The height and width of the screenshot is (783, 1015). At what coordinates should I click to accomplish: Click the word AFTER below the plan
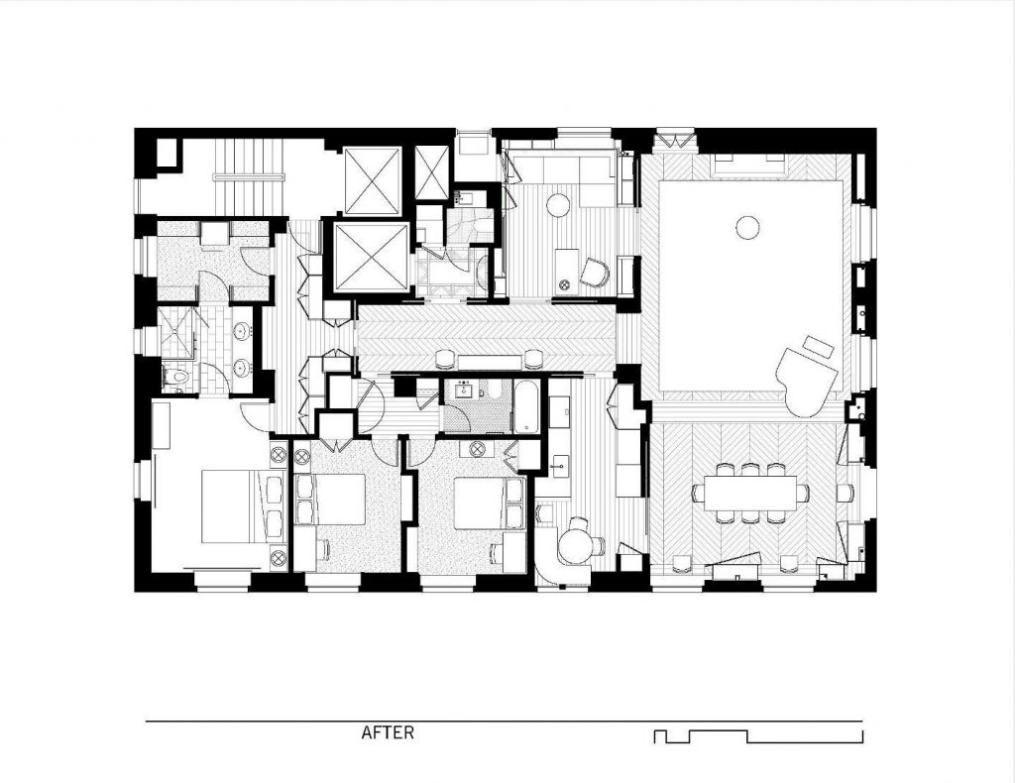388,732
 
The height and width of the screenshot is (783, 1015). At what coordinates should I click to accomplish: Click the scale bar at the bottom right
758,736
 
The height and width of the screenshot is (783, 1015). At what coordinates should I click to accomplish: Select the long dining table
750,494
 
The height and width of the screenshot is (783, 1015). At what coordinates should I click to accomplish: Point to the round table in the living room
747,227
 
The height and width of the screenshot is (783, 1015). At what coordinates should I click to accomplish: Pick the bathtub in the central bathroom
525,405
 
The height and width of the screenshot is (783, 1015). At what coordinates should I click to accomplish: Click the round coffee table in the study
558,205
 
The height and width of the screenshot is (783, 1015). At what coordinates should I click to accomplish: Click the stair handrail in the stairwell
249,175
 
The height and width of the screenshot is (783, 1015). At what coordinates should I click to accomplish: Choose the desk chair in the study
595,272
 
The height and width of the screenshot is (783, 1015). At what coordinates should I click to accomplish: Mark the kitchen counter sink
559,464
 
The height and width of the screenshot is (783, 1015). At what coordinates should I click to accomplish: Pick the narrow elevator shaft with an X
431,172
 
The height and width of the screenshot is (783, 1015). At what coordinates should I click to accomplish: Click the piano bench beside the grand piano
819,345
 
